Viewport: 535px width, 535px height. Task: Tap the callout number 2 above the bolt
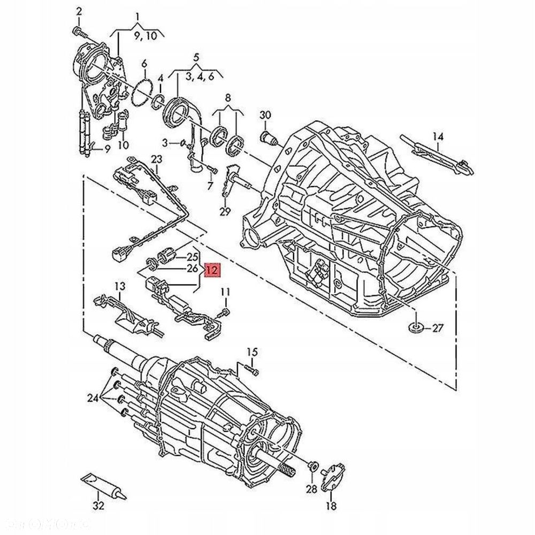pyautogui.click(x=79, y=11)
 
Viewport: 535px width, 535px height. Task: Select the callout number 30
pyautogui.click(x=265, y=115)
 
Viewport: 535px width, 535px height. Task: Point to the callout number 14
pyautogui.click(x=438, y=136)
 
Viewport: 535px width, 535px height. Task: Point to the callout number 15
pyautogui.click(x=252, y=351)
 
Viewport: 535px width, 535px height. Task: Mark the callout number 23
pyautogui.click(x=156, y=159)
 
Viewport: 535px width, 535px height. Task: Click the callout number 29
pyautogui.click(x=225, y=211)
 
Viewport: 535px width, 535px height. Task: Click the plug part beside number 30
pyautogui.click(x=269, y=137)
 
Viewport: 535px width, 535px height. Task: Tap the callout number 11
pyautogui.click(x=225, y=292)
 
